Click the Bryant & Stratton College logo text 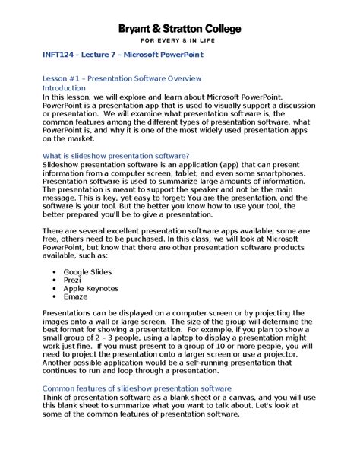(x=179, y=28)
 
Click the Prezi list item (x=73, y=280)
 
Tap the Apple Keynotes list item (x=90, y=289)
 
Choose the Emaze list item (x=76, y=297)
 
